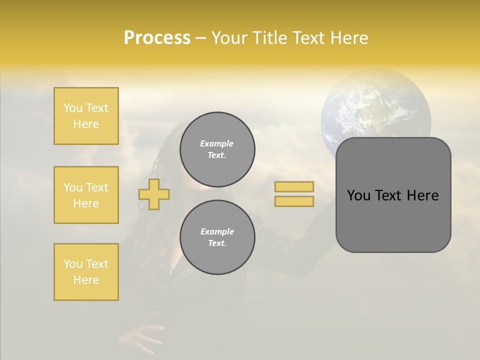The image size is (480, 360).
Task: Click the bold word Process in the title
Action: pyautogui.click(x=157, y=38)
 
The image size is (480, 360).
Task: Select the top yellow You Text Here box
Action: pyautogui.click(x=86, y=116)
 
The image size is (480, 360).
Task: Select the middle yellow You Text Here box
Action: pyautogui.click(x=86, y=195)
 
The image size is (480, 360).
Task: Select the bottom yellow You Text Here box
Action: pyautogui.click(x=86, y=272)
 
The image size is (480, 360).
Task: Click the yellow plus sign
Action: pyautogui.click(x=154, y=194)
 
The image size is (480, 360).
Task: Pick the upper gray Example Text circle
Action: pyautogui.click(x=217, y=149)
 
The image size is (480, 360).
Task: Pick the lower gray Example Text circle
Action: pyautogui.click(x=217, y=237)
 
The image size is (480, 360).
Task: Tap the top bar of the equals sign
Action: pyautogui.click(x=294, y=186)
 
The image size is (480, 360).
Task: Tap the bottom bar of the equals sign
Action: pyautogui.click(x=294, y=201)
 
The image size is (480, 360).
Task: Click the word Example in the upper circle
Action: pyautogui.click(x=217, y=143)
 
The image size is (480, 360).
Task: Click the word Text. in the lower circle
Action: pyautogui.click(x=217, y=243)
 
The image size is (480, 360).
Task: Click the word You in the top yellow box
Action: pyautogui.click(x=73, y=108)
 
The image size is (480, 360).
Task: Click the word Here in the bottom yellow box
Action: pyautogui.click(x=86, y=280)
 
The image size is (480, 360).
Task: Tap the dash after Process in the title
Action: pyautogui.click(x=200, y=38)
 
